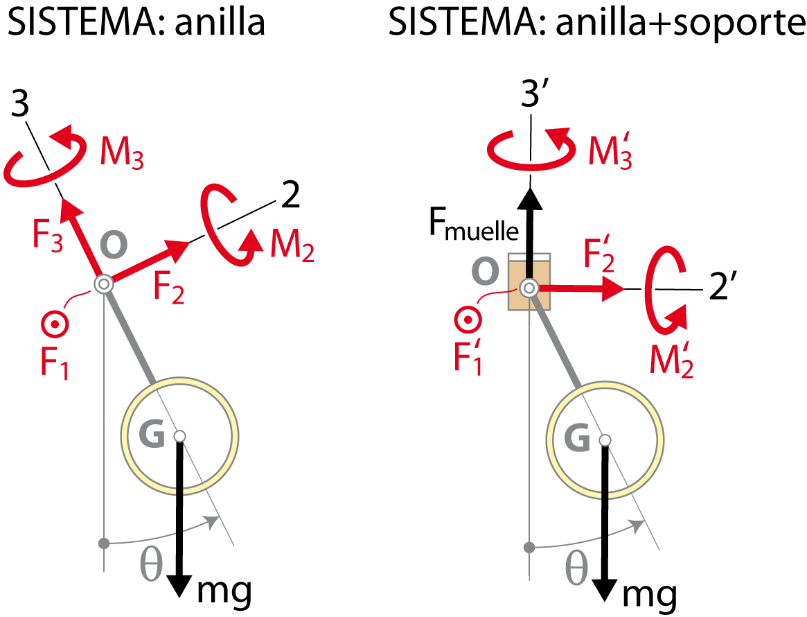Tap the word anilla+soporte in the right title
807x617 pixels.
tap(680, 24)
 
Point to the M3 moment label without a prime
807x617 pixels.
tap(122, 153)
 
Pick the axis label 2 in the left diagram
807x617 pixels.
tap(291, 195)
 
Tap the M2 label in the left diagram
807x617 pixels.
tap(292, 245)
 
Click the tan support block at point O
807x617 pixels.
tap(529, 281)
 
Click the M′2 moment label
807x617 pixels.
tap(672, 360)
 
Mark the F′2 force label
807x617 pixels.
tap(599, 254)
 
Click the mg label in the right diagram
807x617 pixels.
tap(650, 596)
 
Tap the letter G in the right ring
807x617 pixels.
tap(576, 438)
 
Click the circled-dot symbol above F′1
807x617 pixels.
tap(468, 320)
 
